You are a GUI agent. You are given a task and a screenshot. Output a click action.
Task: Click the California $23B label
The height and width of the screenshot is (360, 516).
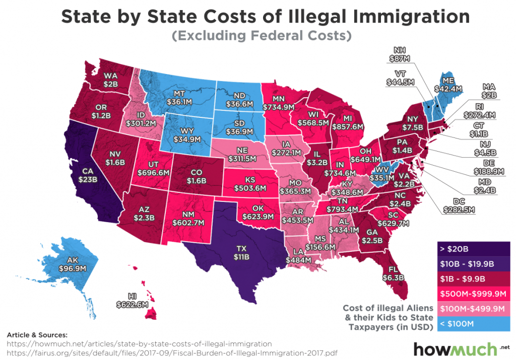84,173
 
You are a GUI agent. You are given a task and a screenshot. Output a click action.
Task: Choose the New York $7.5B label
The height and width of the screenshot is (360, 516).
406,123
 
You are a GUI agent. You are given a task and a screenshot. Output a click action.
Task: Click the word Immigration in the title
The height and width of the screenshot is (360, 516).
398,16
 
